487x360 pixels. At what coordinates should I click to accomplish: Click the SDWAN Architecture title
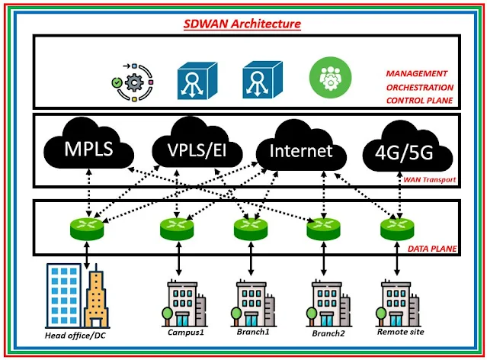tap(243, 24)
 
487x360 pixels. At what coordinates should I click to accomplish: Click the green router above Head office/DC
tap(90, 227)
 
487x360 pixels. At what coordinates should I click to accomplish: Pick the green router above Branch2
tap(325, 227)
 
